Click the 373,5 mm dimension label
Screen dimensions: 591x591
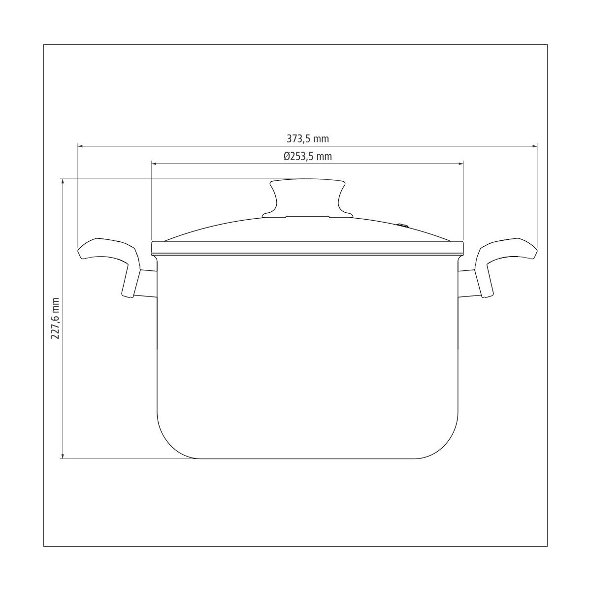tap(307, 139)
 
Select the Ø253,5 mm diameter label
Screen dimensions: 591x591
tap(307, 157)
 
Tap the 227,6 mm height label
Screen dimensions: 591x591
tap(55, 318)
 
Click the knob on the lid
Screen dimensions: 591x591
tap(307, 197)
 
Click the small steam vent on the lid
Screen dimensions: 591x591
tap(403, 226)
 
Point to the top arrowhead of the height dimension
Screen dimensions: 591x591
tap(63, 182)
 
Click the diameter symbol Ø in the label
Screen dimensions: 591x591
tap(286, 157)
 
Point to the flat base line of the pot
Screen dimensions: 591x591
tap(307, 459)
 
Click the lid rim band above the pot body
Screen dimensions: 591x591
tap(307, 248)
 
